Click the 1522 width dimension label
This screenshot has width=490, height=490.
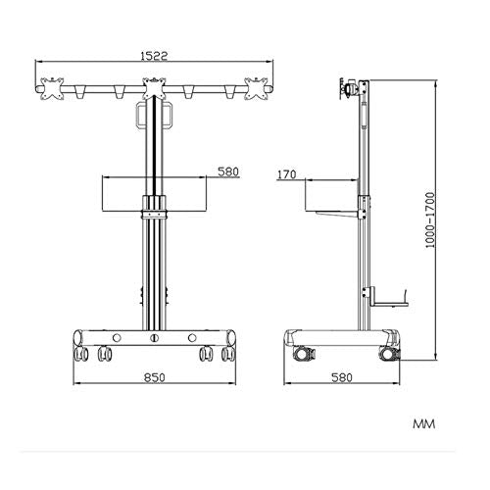click(x=154, y=56)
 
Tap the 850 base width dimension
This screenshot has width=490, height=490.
click(x=155, y=377)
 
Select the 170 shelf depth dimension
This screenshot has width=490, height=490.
click(x=287, y=174)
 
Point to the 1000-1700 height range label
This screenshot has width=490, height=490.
click(x=431, y=220)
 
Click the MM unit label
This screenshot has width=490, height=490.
click(x=424, y=424)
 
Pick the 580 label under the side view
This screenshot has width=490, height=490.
click(x=342, y=377)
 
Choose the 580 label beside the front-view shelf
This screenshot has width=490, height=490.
click(x=228, y=171)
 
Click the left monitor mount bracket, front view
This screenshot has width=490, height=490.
click(x=52, y=88)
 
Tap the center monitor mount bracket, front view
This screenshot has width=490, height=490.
click(x=154, y=88)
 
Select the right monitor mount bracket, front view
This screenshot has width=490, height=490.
click(x=257, y=88)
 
